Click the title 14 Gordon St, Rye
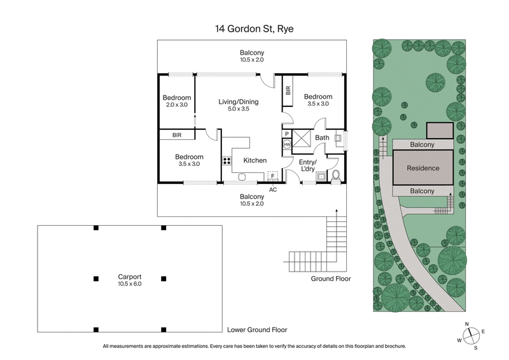[x=254, y=28]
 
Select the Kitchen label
[x=254, y=160]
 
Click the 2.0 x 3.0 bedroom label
[x=177, y=101]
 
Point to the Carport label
[x=129, y=280]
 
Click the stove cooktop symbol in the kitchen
[x=226, y=161]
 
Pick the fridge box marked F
[x=273, y=176]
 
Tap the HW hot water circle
[x=287, y=145]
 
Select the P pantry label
[x=287, y=134]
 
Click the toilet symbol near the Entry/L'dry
[x=335, y=175]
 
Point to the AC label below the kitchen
[x=273, y=190]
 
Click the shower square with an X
[x=303, y=138]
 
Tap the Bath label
[x=323, y=138]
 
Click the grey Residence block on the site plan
[x=422, y=169]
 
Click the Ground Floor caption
[x=330, y=279]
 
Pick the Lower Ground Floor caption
[x=257, y=330]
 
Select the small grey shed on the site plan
[x=439, y=131]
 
